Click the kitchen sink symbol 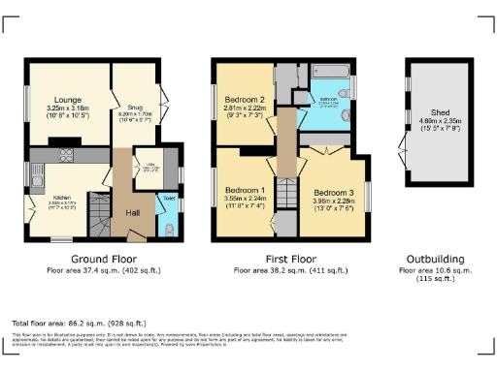tap(35, 178)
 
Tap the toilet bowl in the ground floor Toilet tap(169, 229)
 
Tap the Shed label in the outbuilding tap(440, 111)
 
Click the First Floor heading tap(290, 260)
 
